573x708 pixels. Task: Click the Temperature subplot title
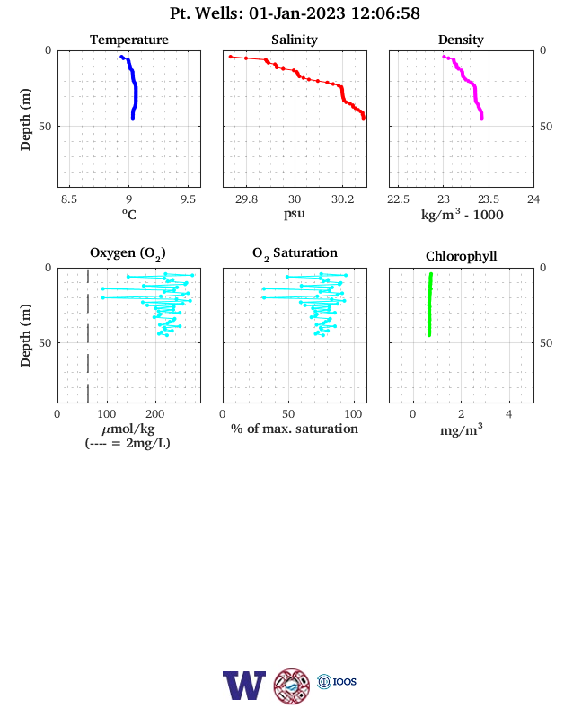[x=129, y=40]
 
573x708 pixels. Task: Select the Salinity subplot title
[x=295, y=40]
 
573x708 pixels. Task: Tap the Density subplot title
[x=461, y=40]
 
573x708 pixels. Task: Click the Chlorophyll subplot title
[x=461, y=256]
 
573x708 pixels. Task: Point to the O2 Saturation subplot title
[x=295, y=253]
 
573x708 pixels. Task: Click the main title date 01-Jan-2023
[x=297, y=13]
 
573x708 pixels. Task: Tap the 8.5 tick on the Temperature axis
[x=69, y=199]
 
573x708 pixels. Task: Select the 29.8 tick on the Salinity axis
[x=246, y=199]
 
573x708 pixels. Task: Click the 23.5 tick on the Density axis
[x=489, y=199]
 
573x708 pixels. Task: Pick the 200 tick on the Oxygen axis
[x=154, y=414]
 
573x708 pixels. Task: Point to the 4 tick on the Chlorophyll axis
[x=509, y=414]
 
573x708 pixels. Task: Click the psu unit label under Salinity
[x=295, y=213]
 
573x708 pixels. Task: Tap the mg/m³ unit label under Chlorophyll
[x=461, y=429]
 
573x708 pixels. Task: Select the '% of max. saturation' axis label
[x=295, y=429]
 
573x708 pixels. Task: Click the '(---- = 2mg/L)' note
[x=128, y=443]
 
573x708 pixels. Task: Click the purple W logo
[x=244, y=686]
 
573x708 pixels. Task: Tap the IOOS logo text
[x=345, y=682]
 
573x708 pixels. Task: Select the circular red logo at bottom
[x=292, y=686]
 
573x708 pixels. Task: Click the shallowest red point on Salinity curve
[x=231, y=57]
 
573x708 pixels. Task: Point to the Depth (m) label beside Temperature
[x=25, y=119]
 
